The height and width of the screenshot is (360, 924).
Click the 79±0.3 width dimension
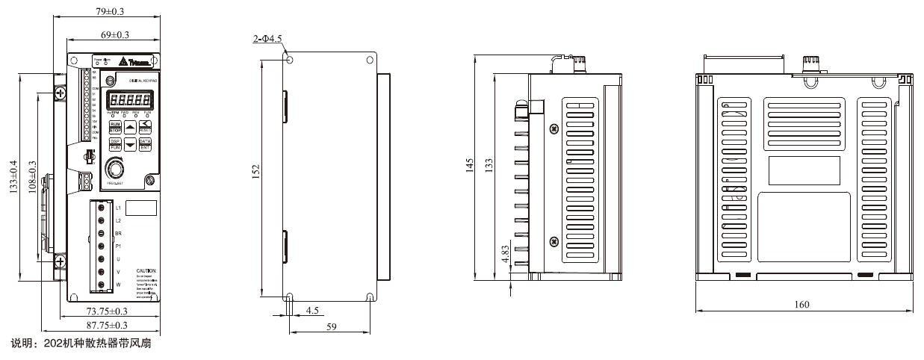pyautogui.click(x=111, y=10)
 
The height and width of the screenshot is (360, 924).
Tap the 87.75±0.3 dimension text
pyautogui.click(x=107, y=326)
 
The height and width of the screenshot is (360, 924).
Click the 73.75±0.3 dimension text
pyautogui.click(x=107, y=311)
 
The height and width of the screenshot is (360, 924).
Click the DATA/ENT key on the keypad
pyautogui.click(x=145, y=144)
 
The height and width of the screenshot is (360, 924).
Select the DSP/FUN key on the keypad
pyautogui.click(x=115, y=144)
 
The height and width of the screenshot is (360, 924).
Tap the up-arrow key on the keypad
pyautogui.click(x=130, y=128)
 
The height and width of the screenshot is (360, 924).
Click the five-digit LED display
pyautogui.click(x=130, y=99)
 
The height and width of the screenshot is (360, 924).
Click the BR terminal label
pyautogui.click(x=119, y=233)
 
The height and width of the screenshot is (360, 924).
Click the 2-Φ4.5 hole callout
pyautogui.click(x=267, y=38)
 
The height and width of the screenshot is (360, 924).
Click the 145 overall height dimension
pyautogui.click(x=469, y=166)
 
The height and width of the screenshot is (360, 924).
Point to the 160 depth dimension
pyautogui.click(x=802, y=304)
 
